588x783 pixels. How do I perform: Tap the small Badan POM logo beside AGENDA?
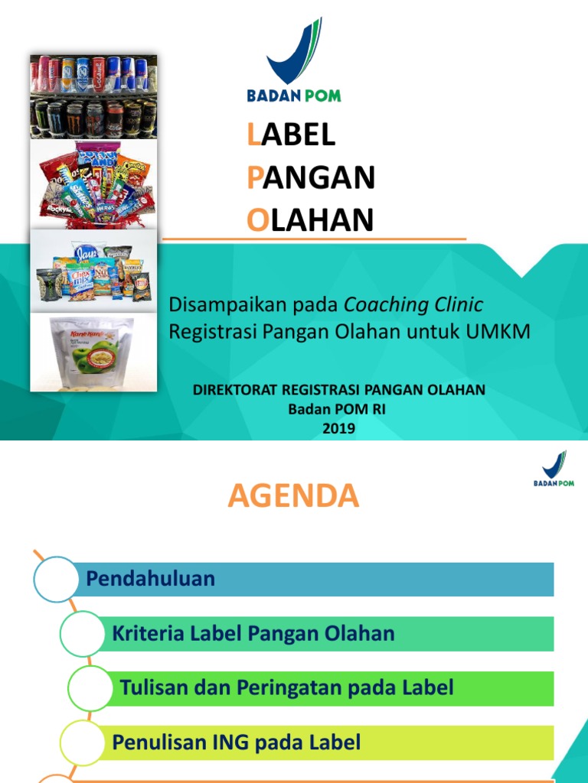pos(554,468)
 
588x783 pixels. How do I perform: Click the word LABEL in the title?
pos(292,135)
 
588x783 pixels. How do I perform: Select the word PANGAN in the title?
pos(311,177)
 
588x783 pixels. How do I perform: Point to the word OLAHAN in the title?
pos(310,220)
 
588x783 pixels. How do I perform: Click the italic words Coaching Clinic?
pos(413,304)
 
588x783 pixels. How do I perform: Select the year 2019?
pos(338,429)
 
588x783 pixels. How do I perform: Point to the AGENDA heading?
pos(293,497)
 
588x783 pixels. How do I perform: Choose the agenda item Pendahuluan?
pos(150,579)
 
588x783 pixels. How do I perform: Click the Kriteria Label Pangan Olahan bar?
pos(253,633)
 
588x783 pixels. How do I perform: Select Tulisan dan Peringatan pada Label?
pos(286,687)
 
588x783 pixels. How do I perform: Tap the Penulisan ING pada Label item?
pos(236,742)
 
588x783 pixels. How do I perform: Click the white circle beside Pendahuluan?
pos(56,579)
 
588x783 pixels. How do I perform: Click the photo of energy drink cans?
pos(93,96)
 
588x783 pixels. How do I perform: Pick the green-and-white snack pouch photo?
pos(93,352)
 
